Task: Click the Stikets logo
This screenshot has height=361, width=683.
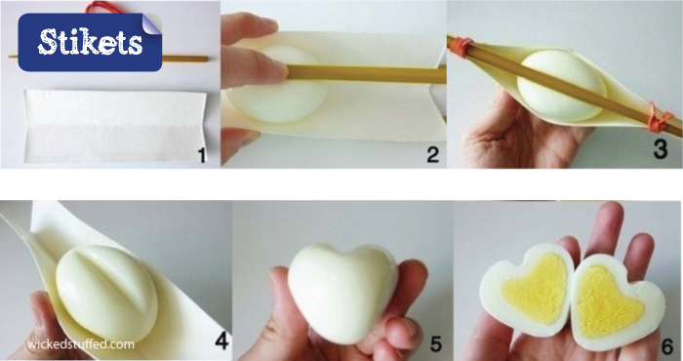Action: pyautogui.click(x=90, y=42)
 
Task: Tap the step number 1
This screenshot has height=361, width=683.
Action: pyautogui.click(x=201, y=155)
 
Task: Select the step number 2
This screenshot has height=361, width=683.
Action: pyautogui.click(x=432, y=155)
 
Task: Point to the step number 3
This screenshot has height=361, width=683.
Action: pyautogui.click(x=660, y=150)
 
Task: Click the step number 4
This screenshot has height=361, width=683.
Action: pyautogui.click(x=221, y=341)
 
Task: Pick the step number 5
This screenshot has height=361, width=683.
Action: pyautogui.click(x=435, y=344)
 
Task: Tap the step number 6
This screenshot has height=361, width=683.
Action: pyautogui.click(x=666, y=346)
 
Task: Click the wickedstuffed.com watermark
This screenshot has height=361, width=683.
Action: pyautogui.click(x=81, y=344)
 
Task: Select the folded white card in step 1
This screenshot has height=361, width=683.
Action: pyautogui.click(x=114, y=126)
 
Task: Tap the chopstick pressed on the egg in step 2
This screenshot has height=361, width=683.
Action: pyautogui.click(x=365, y=74)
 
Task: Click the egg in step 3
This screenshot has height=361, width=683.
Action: pyautogui.click(x=561, y=86)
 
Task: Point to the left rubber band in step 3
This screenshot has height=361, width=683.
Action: pyautogui.click(x=461, y=46)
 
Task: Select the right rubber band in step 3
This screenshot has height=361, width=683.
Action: pyautogui.click(x=660, y=117)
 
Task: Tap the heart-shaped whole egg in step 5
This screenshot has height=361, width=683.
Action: pyautogui.click(x=342, y=293)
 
